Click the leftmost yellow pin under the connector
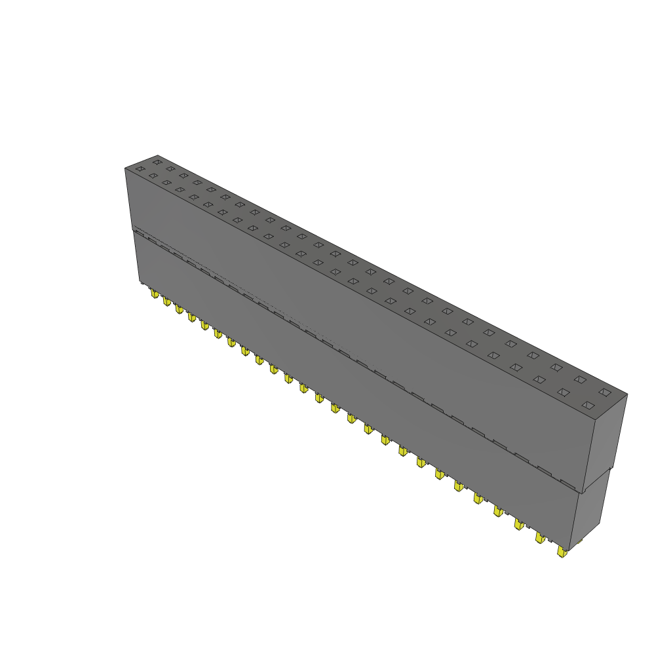coord(155,294)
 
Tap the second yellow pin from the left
coord(167,302)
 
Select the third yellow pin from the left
coord(179,309)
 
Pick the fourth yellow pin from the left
coord(191,317)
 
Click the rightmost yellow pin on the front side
coord(562,552)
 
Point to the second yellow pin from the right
coord(540,538)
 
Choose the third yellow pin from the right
coord(519,524)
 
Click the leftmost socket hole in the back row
coord(157,161)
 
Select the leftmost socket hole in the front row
coord(139,169)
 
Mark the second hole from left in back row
coord(170,168)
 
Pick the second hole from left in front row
coord(153,176)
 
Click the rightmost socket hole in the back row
coord(605,393)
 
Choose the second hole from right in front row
coord(563,393)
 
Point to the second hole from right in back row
coord(580,379)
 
